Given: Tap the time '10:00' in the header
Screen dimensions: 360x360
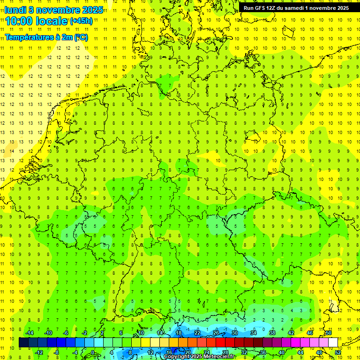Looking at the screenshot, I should (21, 21).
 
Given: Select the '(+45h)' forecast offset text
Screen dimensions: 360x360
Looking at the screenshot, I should (81, 21).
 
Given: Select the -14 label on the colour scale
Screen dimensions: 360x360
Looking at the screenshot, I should (30, 333).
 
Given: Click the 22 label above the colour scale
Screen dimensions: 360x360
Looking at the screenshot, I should (197, 333).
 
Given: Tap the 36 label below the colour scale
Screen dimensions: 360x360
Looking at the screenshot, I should (263, 352).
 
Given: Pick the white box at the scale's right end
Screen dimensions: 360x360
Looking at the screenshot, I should (333, 343).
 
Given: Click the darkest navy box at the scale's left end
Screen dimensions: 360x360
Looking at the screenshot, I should (23, 343).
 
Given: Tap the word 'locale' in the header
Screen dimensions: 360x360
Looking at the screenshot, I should (53, 21).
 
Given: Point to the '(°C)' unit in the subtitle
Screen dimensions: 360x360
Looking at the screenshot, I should (81, 37).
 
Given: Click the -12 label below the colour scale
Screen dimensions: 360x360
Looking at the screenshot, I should (39, 352).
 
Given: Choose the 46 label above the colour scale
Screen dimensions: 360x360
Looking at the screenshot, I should (310, 333).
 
